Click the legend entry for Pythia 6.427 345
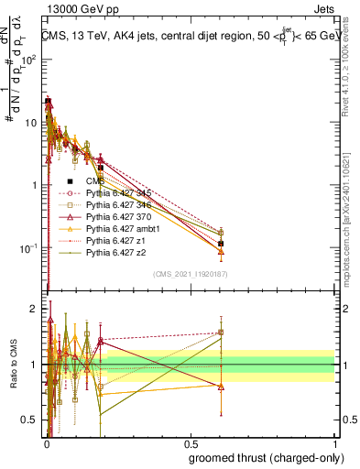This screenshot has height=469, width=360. (x=123, y=193)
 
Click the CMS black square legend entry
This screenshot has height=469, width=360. (x=95, y=181)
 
